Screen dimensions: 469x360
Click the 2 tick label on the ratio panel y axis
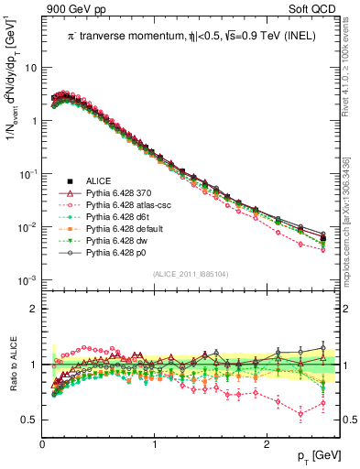[x=33, y=309]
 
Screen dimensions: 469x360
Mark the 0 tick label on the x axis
[x=43, y=442]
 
